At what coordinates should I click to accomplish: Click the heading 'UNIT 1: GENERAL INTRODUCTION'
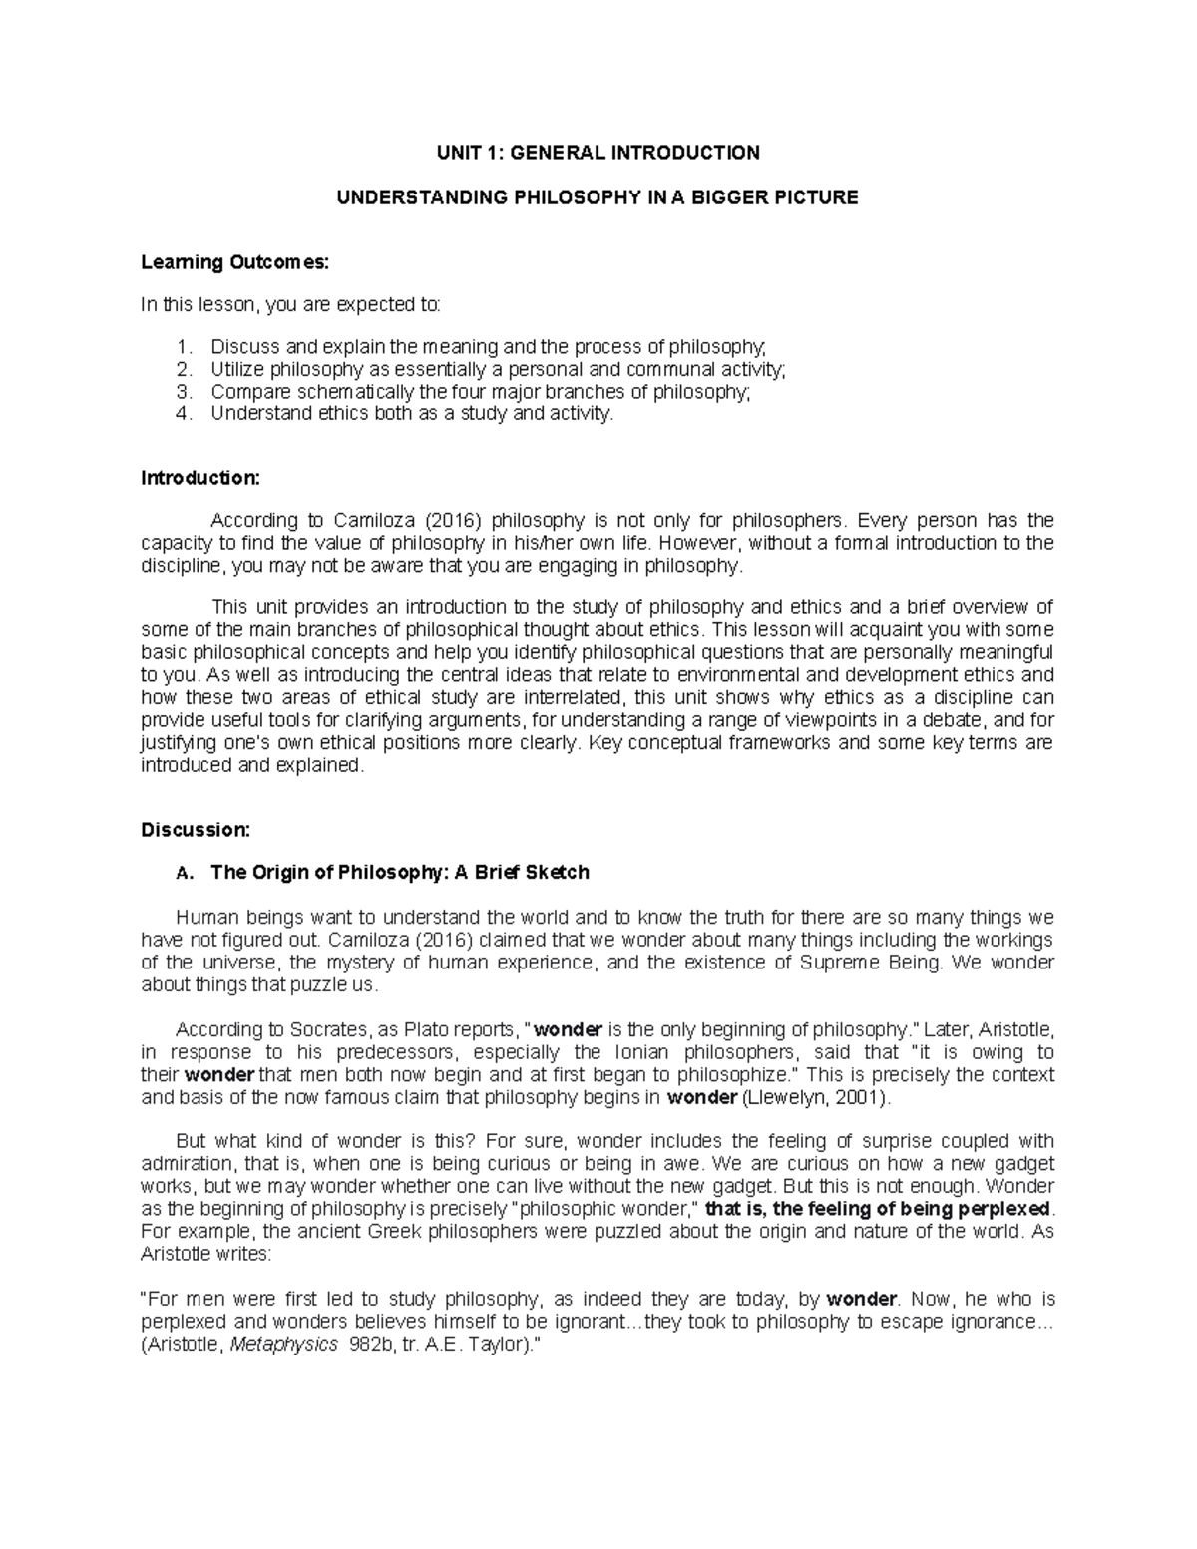[597, 153]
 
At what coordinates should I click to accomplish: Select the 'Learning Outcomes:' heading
[233, 262]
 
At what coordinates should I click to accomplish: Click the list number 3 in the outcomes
[182, 391]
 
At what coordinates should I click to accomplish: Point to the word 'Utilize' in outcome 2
[238, 369]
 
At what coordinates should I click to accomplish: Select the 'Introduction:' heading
[199, 478]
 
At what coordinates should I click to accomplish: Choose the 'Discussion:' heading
[195, 830]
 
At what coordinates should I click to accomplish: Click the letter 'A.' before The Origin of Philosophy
[181, 874]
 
